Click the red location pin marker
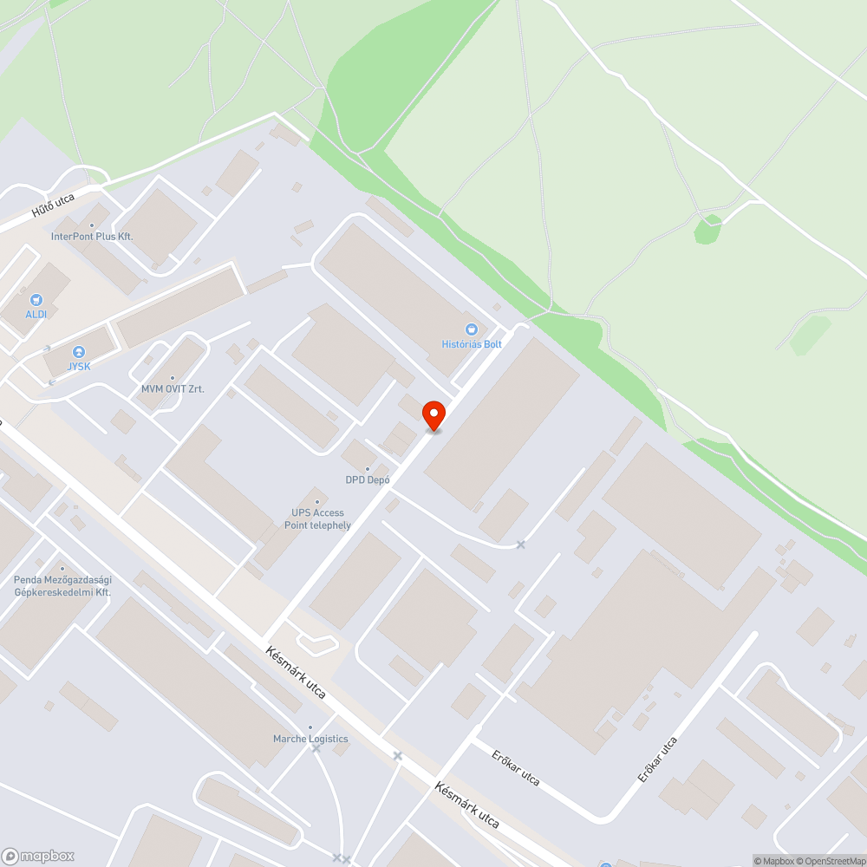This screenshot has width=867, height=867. (x=433, y=414)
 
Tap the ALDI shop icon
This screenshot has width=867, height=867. (x=36, y=300)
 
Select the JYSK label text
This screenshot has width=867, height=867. (x=79, y=366)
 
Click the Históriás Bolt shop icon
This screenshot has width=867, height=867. (x=472, y=329)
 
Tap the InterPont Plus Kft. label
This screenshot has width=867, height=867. (x=92, y=236)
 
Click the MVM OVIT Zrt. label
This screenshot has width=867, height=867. (x=173, y=389)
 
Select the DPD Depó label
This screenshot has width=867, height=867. (x=368, y=479)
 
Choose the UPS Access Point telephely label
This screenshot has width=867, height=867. (x=317, y=518)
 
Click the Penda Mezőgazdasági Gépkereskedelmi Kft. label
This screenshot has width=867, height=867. (x=62, y=585)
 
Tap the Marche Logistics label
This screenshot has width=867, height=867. (x=310, y=739)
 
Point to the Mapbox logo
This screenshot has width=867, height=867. (x=38, y=856)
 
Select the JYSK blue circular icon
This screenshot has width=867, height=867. (x=79, y=351)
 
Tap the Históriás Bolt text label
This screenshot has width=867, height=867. (x=472, y=344)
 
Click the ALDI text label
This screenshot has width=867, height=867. (x=36, y=314)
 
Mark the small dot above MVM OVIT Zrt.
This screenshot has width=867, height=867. (x=173, y=378)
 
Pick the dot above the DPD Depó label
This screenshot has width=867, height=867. (x=368, y=469)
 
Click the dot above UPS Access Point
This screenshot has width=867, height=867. (x=317, y=502)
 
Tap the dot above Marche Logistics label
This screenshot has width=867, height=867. (x=310, y=727)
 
